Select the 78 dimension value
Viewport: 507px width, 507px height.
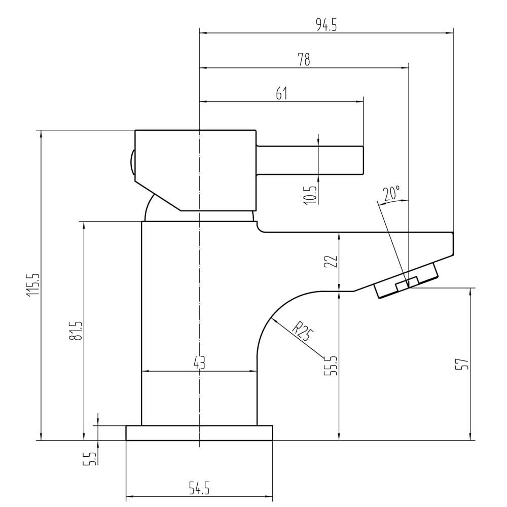click(304, 59)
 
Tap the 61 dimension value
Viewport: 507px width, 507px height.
click(281, 94)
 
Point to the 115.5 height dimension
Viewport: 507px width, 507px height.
click(34, 284)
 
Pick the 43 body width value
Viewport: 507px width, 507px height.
click(199, 364)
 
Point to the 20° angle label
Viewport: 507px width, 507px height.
click(391, 193)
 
